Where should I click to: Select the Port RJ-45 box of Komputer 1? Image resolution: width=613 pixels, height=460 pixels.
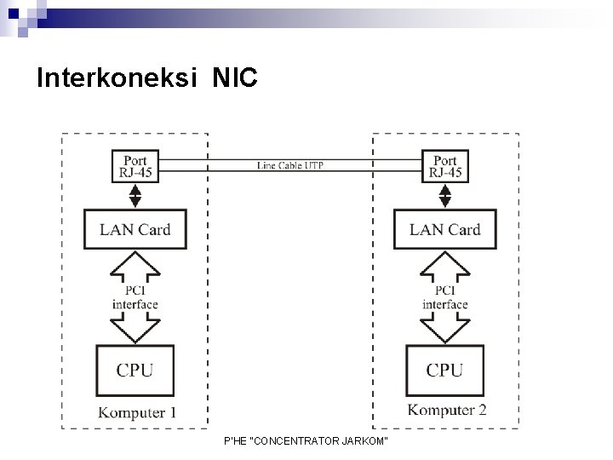135,166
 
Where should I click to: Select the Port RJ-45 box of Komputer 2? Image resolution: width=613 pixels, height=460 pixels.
445,166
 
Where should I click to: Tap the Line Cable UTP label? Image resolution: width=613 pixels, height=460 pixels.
290,164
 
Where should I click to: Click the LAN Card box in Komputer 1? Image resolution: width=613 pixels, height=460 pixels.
135,229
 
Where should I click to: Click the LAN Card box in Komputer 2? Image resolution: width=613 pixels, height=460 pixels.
445,229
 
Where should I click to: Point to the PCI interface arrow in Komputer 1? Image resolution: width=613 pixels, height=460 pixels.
135,297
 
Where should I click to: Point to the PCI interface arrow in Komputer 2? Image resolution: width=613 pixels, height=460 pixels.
445,297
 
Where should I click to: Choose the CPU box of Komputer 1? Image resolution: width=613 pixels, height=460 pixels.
135,370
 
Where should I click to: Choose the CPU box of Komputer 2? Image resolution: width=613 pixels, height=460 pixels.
445,370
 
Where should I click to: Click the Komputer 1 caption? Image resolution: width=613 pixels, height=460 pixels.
138,413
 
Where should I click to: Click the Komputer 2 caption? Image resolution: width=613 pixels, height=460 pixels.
447,411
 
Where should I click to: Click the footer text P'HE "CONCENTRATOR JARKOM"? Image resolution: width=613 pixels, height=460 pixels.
305,440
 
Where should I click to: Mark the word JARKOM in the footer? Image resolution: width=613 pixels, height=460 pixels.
364,440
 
